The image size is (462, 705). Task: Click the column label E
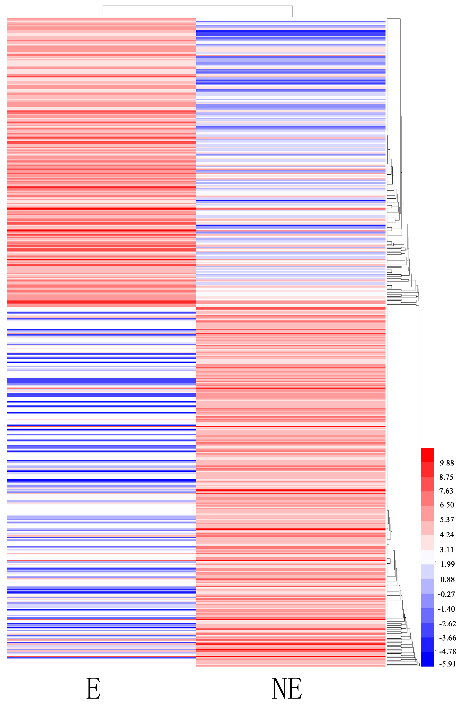[93, 688]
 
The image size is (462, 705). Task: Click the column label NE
[287, 688]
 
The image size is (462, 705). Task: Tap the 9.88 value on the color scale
[447, 463]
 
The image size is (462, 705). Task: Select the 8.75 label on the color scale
[447, 477]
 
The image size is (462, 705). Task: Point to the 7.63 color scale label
[447, 491]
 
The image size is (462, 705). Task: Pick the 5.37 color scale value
[447, 519]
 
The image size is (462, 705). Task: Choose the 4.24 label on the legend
[447, 535]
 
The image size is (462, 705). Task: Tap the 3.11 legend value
[447, 550]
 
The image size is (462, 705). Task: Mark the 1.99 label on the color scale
[447, 564]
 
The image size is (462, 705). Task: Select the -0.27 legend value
[447, 594]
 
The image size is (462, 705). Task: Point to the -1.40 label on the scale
[447, 609]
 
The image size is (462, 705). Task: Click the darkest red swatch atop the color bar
[427, 455]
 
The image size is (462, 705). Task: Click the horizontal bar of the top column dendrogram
[197, 6]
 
